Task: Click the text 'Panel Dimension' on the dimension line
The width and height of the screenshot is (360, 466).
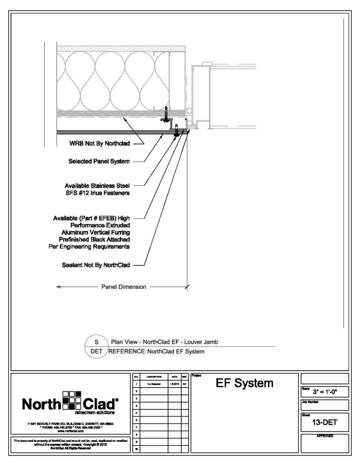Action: click(x=122, y=287)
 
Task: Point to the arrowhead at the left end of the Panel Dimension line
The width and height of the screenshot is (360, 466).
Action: click(x=58, y=287)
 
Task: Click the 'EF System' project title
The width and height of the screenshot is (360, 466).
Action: click(x=245, y=383)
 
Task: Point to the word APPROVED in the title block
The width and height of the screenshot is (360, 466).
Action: click(x=325, y=436)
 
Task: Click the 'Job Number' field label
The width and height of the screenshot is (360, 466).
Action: click(x=310, y=401)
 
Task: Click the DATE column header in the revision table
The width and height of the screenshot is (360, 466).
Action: click(x=174, y=377)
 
